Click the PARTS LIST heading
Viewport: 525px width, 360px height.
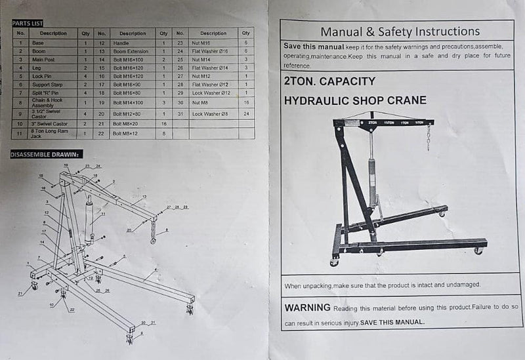coord(28,23)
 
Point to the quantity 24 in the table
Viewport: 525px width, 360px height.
coord(245,113)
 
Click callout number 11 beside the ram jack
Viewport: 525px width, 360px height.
coord(102,214)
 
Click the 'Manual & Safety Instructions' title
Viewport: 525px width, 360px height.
coord(400,31)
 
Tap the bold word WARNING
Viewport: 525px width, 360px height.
coord(307,308)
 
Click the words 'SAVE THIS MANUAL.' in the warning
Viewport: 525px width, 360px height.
coord(392,322)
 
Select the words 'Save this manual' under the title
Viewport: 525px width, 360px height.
coord(314,47)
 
